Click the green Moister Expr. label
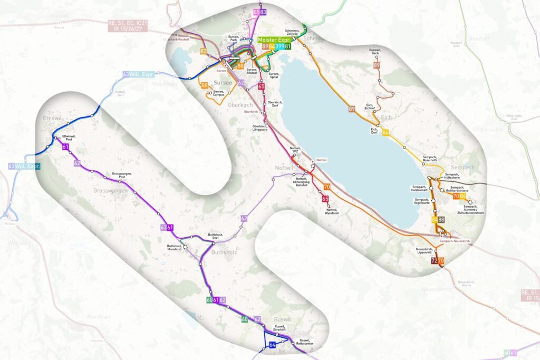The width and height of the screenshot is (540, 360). pyautogui.click(x=274, y=40)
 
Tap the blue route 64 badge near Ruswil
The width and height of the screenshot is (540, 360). pyautogui.click(x=272, y=345)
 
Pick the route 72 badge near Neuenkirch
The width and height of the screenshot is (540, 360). pyautogui.click(x=433, y=261)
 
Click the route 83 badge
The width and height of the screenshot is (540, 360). pyautogui.click(x=263, y=12)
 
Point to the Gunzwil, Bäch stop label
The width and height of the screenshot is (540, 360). pyautogui.click(x=375, y=52)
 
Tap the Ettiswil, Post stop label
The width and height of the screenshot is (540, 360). pyautogui.click(x=69, y=138)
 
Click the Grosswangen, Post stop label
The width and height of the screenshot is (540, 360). pyautogui.click(x=121, y=175)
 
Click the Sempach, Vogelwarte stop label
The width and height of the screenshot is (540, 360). pyautogui.click(x=422, y=202)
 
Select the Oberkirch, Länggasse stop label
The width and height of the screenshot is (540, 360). pyautogui.click(x=260, y=128)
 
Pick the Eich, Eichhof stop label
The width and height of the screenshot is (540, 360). pyautogui.click(x=373, y=106)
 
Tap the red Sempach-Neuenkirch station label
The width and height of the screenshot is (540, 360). pyautogui.click(x=454, y=241)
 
